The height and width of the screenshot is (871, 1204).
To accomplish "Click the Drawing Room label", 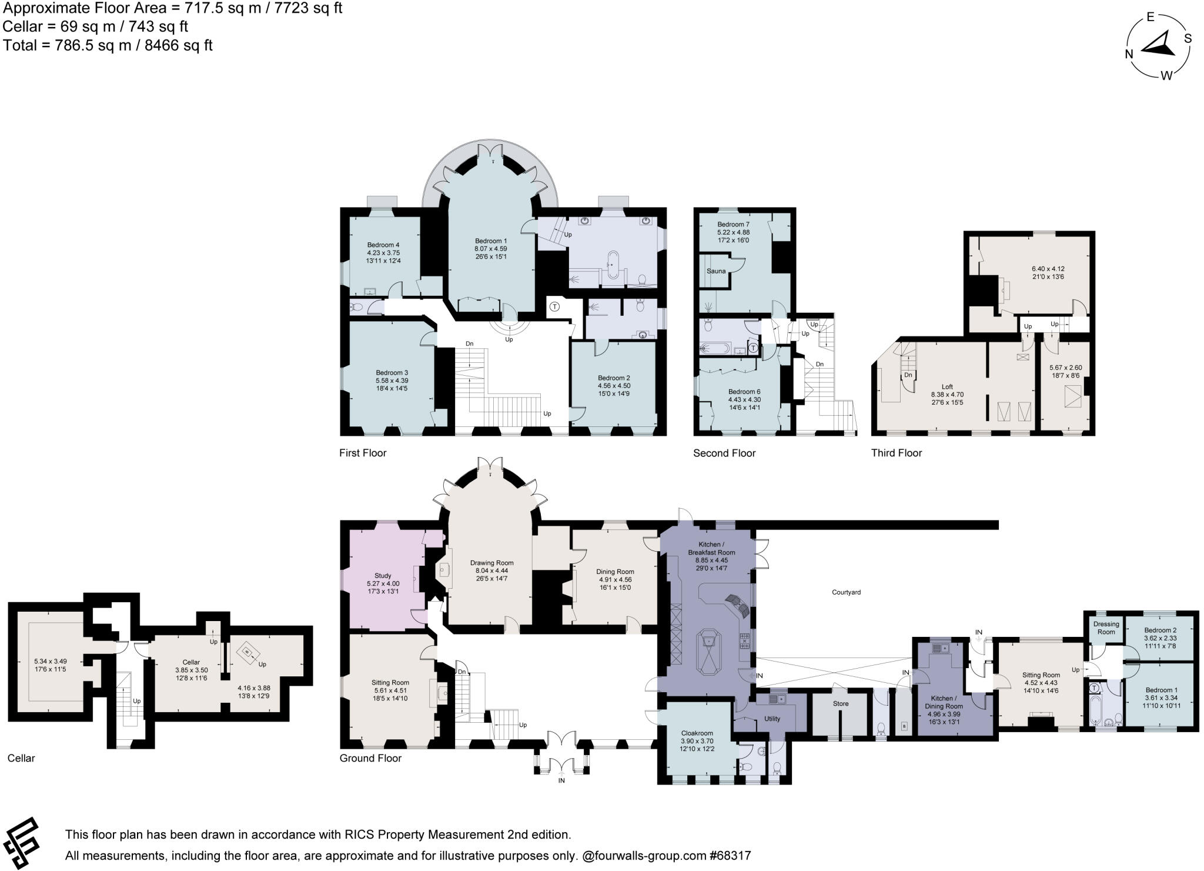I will [491, 563].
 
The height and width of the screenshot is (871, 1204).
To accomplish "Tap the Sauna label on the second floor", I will [715, 271].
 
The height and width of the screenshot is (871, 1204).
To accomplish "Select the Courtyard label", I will [846, 592].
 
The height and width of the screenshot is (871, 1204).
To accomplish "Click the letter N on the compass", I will [1129, 54].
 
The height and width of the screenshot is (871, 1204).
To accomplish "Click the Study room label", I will [383, 576].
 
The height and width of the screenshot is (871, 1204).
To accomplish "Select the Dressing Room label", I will [1106, 628].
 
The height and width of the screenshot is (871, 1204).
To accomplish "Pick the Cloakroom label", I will [697, 733].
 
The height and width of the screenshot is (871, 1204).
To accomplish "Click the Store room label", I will [841, 703].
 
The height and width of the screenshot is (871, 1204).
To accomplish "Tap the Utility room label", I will [772, 719].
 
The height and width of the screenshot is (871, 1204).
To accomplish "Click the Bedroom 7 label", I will [733, 224].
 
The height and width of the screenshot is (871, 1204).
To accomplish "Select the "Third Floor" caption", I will [897, 453].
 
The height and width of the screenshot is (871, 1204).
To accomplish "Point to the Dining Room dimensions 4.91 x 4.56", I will [615, 579].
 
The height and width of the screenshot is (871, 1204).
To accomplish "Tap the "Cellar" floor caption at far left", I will [21, 758].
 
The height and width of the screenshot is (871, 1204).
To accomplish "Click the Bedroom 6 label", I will [744, 392].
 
